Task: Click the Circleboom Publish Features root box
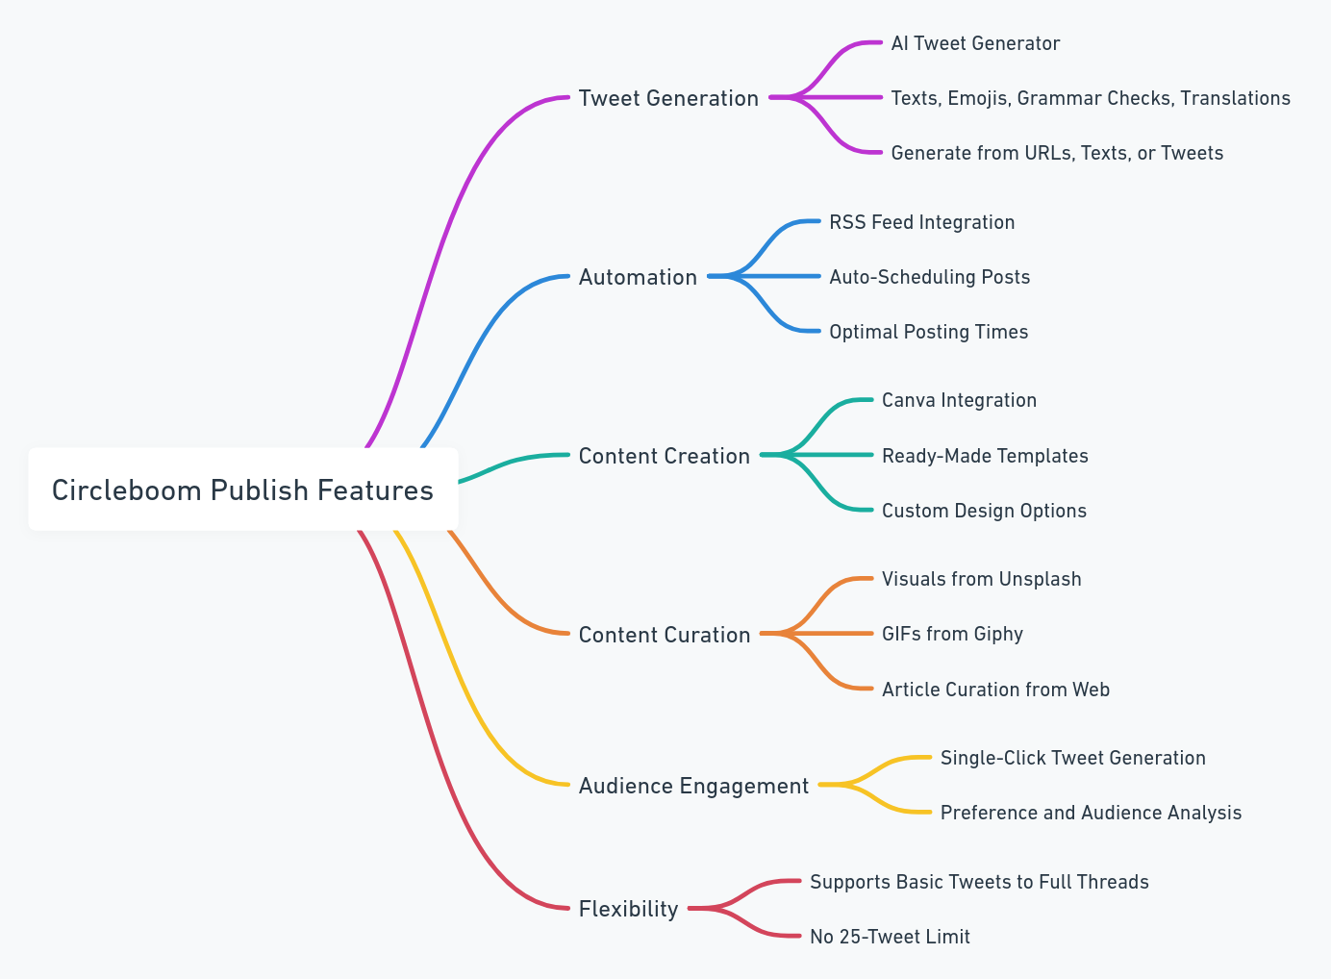click(242, 489)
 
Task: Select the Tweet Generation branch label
click(668, 98)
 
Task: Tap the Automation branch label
click(638, 277)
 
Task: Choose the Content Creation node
click(664, 456)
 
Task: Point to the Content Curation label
click(664, 635)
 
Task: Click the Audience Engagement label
click(693, 786)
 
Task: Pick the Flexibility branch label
click(628, 909)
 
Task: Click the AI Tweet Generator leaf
click(975, 43)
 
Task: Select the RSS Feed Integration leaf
click(921, 222)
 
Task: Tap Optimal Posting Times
click(928, 332)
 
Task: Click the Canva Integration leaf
click(959, 400)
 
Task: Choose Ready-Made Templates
click(985, 456)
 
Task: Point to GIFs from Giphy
click(952, 634)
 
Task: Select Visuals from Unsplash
click(981, 579)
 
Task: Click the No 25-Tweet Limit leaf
click(890, 937)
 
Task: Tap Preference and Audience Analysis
click(1091, 813)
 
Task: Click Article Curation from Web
click(995, 690)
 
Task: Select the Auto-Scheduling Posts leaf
click(929, 277)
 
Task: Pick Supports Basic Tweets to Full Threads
click(979, 882)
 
